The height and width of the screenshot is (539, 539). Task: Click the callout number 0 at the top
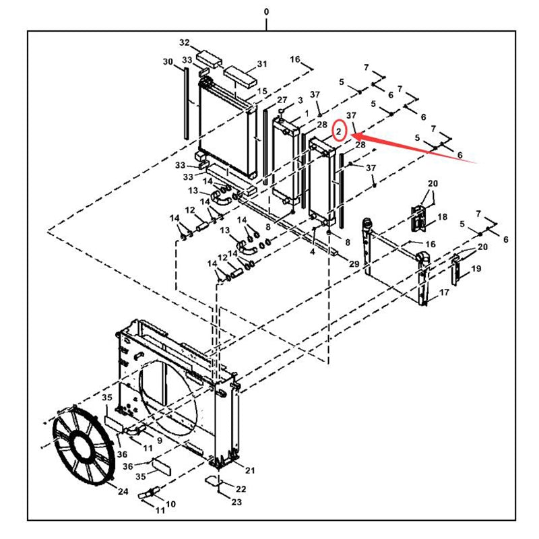[266, 11]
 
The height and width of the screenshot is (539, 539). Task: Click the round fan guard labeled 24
[84, 445]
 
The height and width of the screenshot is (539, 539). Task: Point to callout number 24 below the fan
[123, 492]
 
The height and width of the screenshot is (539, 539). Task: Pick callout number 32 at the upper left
[184, 42]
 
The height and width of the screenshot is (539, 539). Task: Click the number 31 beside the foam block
[261, 65]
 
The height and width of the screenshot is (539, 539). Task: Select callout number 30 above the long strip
[168, 62]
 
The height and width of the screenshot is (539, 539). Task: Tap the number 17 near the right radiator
[444, 292]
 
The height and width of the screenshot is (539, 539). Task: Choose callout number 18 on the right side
[442, 217]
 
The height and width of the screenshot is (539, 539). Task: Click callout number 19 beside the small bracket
[476, 269]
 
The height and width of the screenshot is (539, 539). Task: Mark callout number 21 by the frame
[250, 470]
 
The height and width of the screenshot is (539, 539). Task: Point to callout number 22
[241, 487]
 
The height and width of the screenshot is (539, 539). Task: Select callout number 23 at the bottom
[236, 502]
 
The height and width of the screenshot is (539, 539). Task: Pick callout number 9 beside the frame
[159, 441]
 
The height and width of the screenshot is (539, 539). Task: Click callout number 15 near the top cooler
[262, 91]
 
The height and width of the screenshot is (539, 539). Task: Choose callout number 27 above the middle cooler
[282, 100]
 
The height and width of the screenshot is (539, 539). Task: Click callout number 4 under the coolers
[312, 252]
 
